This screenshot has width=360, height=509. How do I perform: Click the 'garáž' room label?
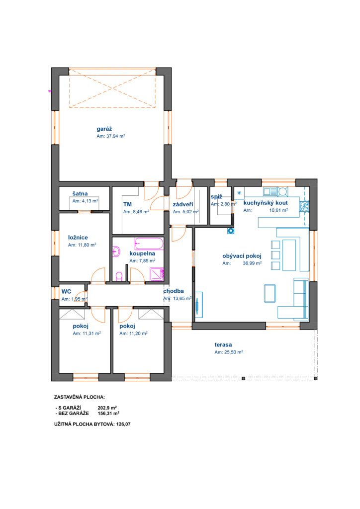(x=104, y=129)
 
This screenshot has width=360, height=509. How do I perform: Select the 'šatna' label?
(x=80, y=194)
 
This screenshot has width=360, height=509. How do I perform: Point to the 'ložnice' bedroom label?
(x=78, y=238)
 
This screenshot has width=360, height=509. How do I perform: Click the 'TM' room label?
(x=128, y=204)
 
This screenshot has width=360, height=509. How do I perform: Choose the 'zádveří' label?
(x=183, y=204)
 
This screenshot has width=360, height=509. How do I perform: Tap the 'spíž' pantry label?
(x=216, y=197)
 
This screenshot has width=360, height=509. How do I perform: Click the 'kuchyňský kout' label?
(x=266, y=203)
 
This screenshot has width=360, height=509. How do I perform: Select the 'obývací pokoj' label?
(x=242, y=256)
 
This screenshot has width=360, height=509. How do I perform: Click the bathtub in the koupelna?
(x=149, y=244)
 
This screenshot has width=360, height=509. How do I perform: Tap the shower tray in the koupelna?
(x=157, y=274)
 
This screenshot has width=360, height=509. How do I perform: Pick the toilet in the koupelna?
(x=119, y=277)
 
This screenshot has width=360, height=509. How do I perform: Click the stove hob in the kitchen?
(x=304, y=207)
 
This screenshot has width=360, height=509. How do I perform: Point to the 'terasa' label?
(x=223, y=345)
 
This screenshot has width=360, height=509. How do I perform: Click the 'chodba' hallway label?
(x=174, y=291)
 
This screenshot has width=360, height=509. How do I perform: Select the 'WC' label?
(x=66, y=291)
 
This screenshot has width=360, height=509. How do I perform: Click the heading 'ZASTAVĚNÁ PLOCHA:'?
(x=79, y=397)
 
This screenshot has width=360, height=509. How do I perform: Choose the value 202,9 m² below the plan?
(x=107, y=408)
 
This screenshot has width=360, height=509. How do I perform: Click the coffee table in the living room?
(x=270, y=293)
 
